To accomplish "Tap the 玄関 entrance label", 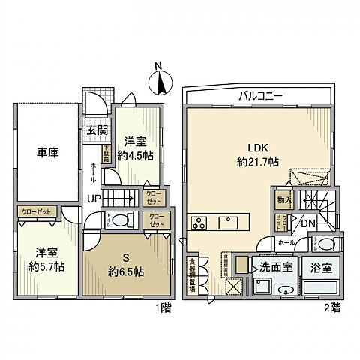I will click(x=96, y=130).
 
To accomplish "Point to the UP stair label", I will click(x=95, y=198).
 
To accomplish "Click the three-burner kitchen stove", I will click(x=201, y=222).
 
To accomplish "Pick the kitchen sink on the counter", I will click(x=229, y=222).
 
